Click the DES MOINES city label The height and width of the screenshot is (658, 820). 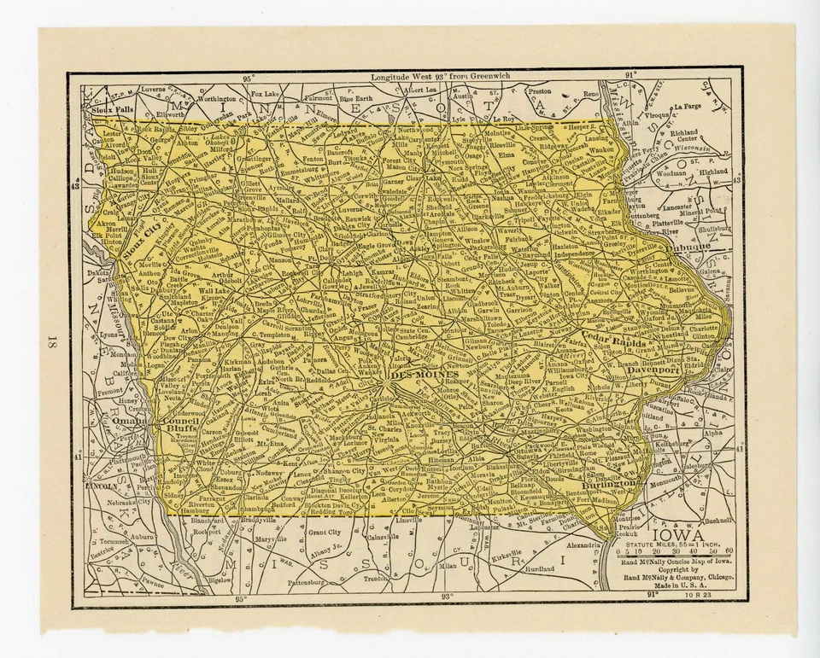(x=425, y=374)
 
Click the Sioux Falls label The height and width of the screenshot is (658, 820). (x=113, y=110)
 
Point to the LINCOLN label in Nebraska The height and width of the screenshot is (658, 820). (x=102, y=486)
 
